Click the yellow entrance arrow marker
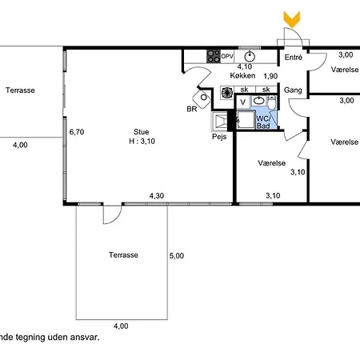click(292, 19)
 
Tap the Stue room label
click(142, 132)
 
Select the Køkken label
click(242, 75)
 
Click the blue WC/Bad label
click(263, 122)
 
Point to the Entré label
click(294, 58)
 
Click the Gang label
click(293, 90)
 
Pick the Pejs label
click(219, 137)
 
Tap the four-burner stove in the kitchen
click(214, 56)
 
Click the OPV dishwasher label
click(227, 57)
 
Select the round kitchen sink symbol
click(250, 57)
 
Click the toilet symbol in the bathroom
click(271, 102)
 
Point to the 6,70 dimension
click(77, 132)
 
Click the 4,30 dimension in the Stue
click(157, 196)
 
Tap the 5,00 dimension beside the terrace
click(177, 256)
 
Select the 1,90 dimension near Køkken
click(270, 76)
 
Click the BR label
click(192, 109)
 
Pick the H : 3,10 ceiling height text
click(142, 141)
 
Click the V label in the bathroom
click(242, 102)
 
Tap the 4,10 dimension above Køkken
click(245, 66)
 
